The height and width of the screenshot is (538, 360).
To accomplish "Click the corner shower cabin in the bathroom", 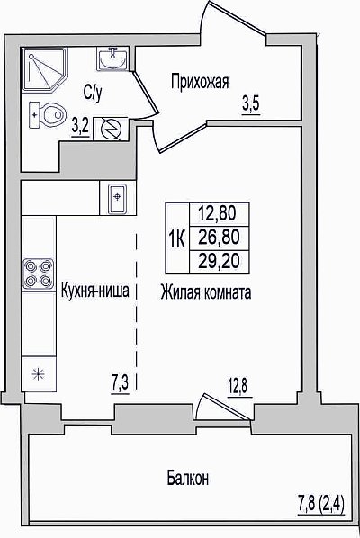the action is click(45, 69).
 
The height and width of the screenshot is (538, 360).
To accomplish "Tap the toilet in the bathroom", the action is click(47, 114).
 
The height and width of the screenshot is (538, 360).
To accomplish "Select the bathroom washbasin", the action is click(112, 59).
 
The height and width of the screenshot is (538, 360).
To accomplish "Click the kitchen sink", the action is click(117, 198).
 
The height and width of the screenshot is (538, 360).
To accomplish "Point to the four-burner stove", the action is click(39, 273).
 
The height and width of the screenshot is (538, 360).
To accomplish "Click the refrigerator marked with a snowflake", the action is click(39, 373).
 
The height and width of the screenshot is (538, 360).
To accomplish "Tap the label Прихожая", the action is click(200, 83).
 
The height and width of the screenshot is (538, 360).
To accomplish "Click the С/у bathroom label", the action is click(93, 93).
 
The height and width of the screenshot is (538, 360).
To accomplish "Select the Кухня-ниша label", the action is click(95, 291).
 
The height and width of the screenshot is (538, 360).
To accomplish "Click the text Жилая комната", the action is click(206, 292).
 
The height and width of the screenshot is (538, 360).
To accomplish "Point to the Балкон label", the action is click(188, 478).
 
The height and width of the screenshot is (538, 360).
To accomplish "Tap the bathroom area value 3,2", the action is click(81, 127).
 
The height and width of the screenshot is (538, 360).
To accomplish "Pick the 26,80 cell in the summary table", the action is click(220, 238).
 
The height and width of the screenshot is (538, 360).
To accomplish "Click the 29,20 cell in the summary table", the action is click(220, 262).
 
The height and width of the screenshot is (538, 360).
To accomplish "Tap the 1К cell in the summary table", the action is click(177, 238).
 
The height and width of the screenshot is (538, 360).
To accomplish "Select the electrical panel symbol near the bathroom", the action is click(111, 129).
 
